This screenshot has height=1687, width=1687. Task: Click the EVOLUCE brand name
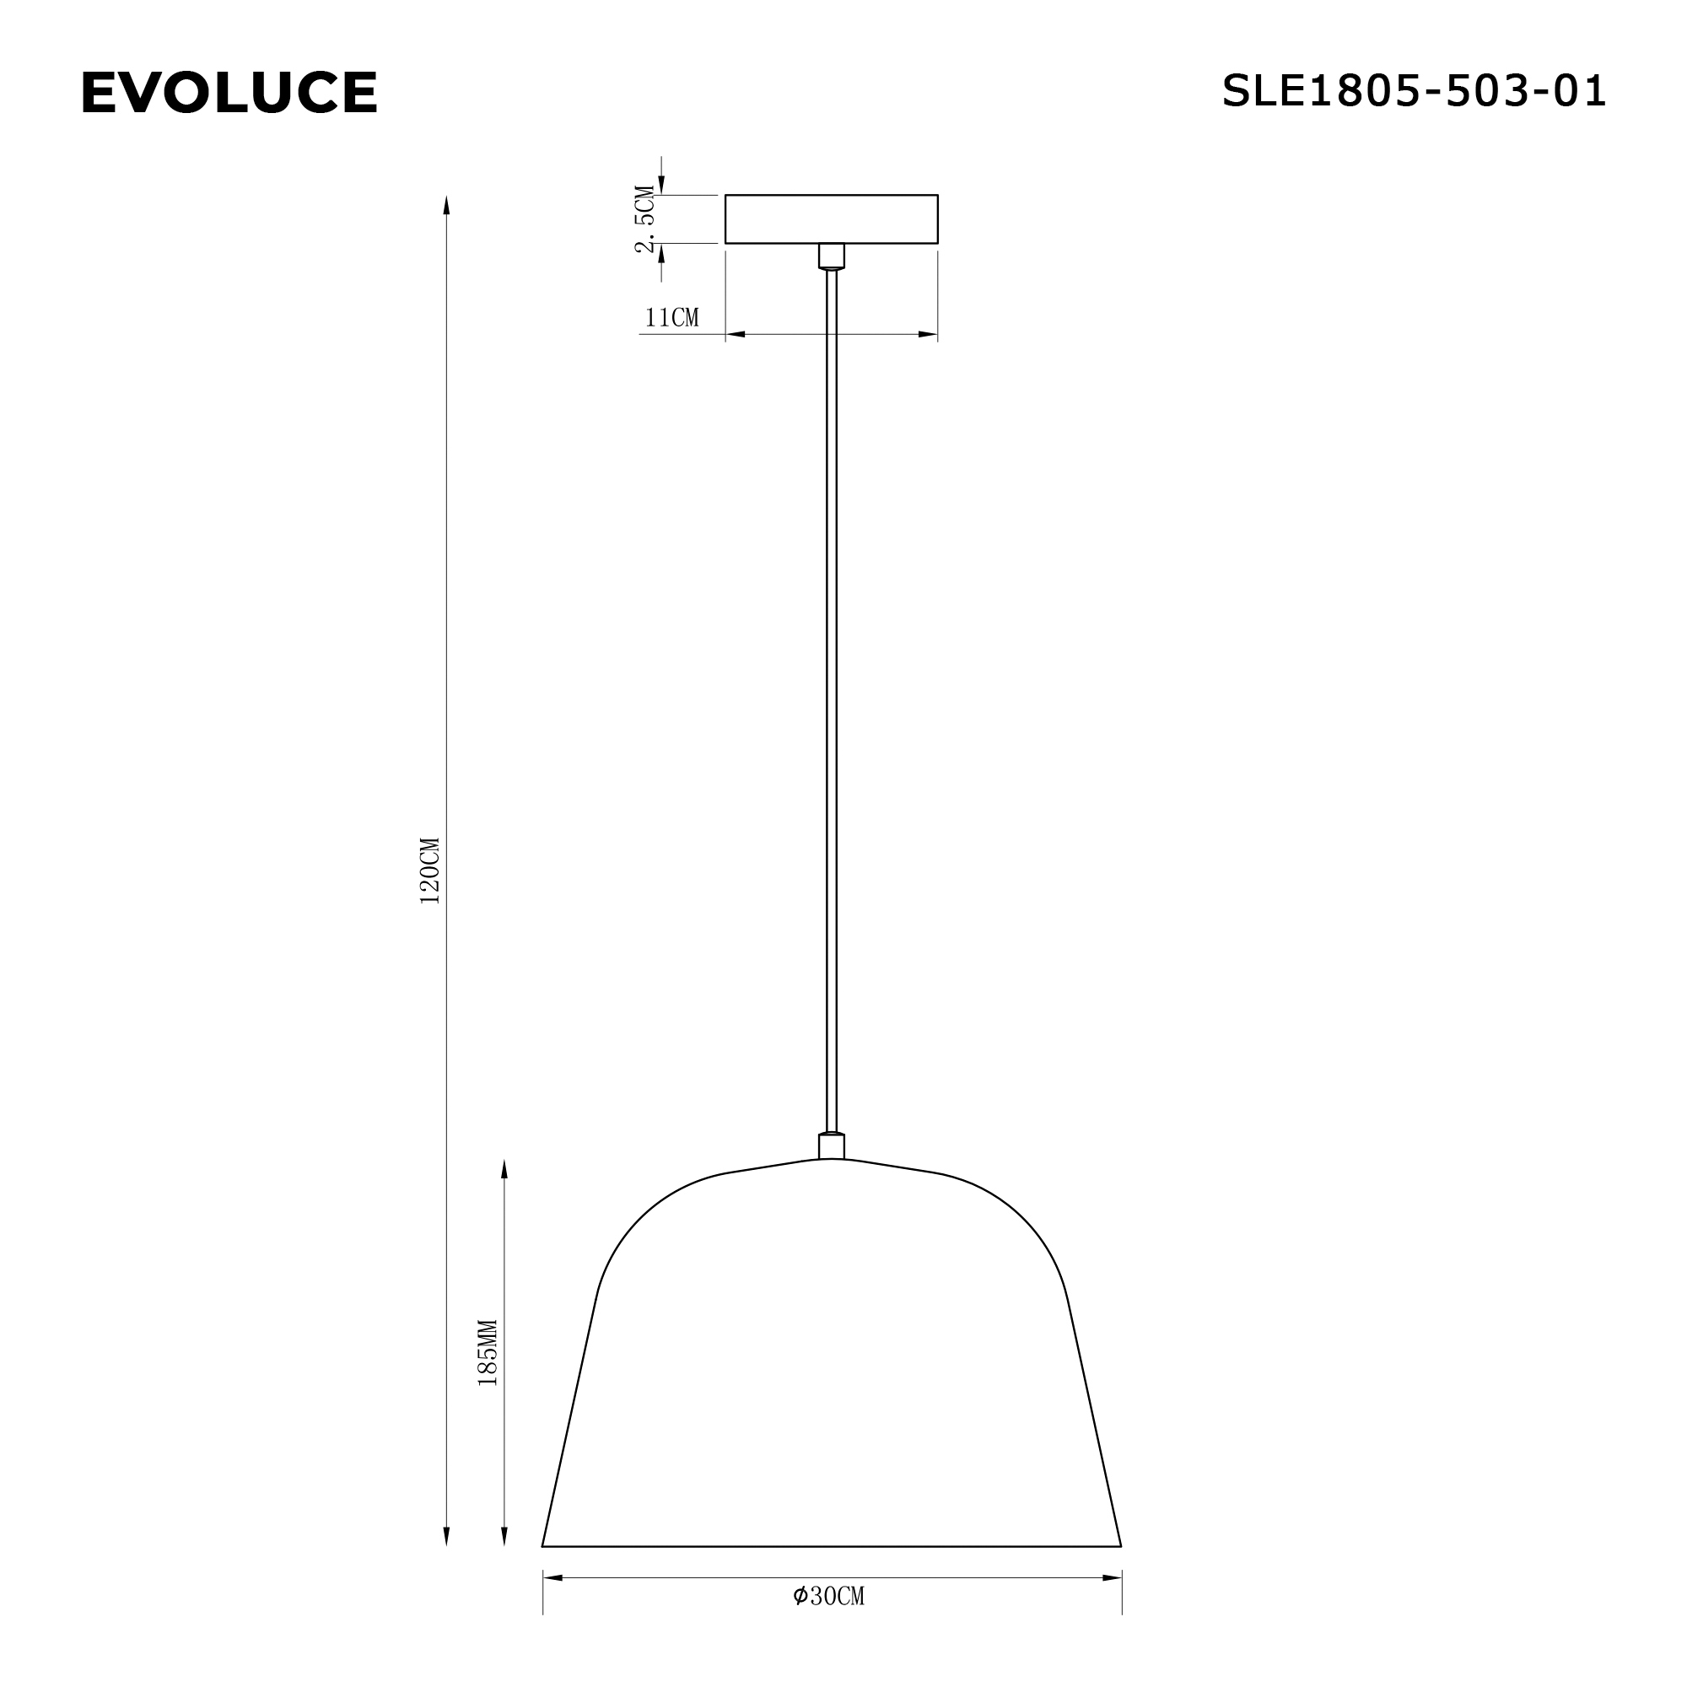229,93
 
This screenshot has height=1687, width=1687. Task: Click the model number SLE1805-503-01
1414,91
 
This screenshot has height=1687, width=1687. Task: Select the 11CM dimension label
671,318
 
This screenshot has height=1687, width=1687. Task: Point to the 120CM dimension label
430,870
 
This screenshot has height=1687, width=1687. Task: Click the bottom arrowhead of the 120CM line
446,1535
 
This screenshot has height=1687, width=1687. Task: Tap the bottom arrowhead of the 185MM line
504,1535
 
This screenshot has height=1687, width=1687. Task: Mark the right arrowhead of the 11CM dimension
927,334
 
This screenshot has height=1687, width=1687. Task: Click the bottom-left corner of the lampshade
543,1545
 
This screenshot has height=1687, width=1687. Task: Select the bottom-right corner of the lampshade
1120,1545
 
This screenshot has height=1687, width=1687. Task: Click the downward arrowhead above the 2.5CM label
661,185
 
